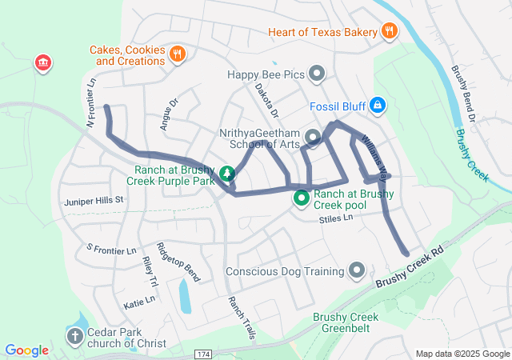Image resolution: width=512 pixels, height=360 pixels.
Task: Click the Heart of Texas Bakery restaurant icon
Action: point(389,32)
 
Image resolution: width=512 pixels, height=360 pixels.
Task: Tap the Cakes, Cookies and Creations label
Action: point(127,55)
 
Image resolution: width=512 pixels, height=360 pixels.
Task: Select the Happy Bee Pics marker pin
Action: point(318,75)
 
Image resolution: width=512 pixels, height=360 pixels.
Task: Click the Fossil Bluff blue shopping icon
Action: point(378,106)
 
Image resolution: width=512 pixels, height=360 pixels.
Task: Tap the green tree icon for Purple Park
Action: point(227,173)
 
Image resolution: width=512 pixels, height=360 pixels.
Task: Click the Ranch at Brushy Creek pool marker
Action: point(302,198)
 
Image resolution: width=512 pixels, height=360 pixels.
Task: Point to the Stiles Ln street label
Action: point(335,218)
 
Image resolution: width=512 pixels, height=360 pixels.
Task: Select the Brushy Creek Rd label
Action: point(409,270)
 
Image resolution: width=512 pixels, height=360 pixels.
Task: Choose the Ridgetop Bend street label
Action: point(178,262)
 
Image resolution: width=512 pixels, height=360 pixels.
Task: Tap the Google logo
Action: point(26,350)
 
